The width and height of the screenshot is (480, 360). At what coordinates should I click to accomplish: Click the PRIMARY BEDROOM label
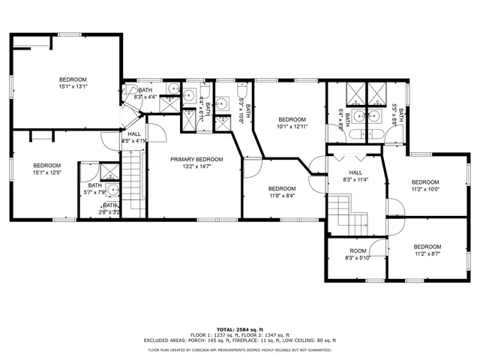point(196,159)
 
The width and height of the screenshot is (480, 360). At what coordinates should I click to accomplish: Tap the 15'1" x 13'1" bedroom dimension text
point(73,86)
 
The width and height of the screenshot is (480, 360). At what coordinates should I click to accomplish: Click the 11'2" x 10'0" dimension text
point(425,189)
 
